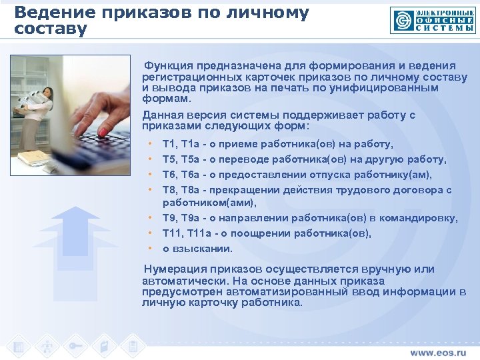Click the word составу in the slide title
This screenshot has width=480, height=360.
[x=51, y=30]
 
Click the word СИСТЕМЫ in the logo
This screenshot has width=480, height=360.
[x=445, y=28]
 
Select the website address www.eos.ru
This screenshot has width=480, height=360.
[x=439, y=351]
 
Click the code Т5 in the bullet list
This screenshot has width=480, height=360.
[x=169, y=159]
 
